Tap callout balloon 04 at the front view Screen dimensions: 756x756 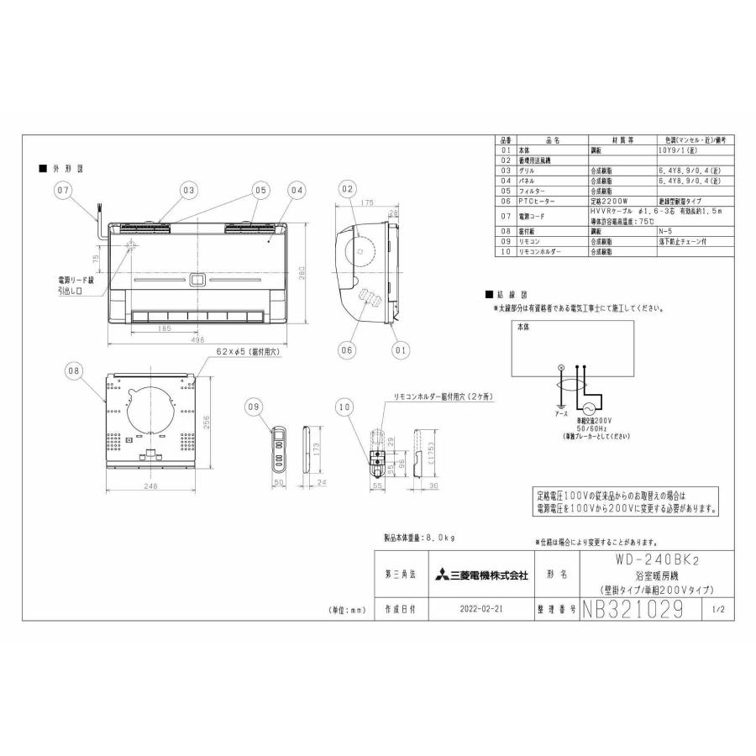click(297, 191)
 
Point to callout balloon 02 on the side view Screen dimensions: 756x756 click(348, 191)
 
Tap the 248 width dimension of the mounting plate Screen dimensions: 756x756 click(150, 487)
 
